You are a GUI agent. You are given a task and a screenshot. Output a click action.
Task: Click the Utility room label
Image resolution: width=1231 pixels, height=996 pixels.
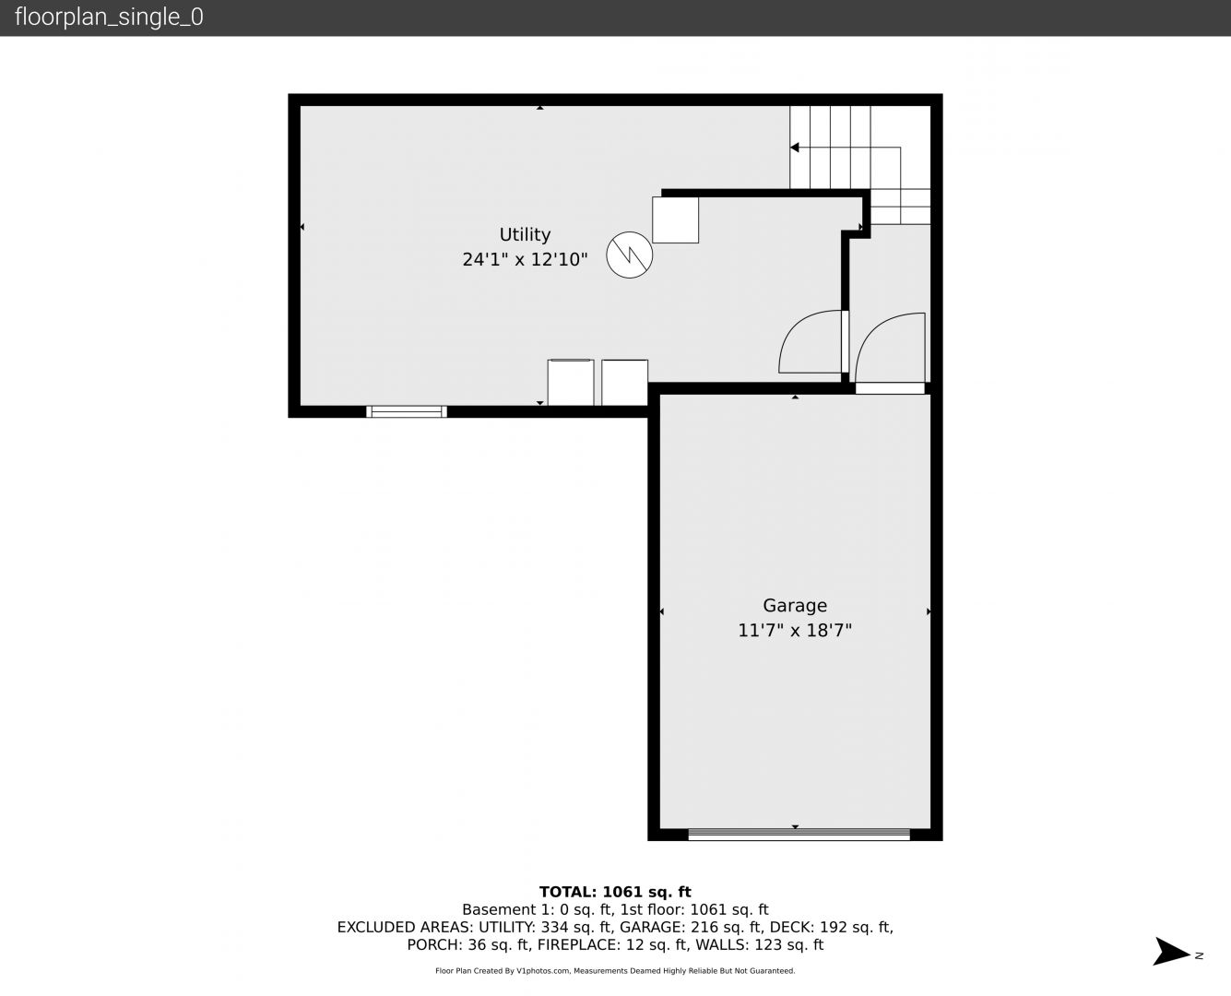point(525,234)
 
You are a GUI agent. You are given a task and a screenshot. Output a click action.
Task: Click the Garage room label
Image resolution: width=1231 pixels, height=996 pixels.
point(795,605)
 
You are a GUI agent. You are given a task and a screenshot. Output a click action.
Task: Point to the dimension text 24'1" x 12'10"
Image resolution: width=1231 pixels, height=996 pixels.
point(525,259)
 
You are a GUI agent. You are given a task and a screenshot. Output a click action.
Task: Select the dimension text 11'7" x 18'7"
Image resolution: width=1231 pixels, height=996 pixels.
point(795,630)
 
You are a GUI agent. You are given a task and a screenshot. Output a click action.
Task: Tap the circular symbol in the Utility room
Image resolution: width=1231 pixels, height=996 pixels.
point(630,255)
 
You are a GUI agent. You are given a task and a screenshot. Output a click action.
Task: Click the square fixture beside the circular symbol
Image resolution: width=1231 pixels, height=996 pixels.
point(675,219)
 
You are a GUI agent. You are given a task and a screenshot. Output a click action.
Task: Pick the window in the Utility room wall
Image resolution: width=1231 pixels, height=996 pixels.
point(407,411)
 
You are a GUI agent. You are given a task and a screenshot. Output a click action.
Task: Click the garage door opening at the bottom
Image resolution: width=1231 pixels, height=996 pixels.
point(799,834)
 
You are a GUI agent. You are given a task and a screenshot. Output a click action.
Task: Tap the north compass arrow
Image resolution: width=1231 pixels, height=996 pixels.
point(1171,952)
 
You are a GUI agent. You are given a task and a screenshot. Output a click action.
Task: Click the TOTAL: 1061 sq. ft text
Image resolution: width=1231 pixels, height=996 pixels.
point(615,892)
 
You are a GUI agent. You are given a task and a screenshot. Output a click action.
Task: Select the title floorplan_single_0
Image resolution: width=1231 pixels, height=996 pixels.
point(109,18)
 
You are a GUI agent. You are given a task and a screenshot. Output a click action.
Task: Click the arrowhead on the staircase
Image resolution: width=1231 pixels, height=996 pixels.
point(795,148)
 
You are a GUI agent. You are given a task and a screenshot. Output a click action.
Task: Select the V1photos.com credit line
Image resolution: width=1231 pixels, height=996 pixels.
point(615,970)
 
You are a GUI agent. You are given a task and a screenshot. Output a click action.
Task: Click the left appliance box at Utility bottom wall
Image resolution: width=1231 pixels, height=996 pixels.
point(571,383)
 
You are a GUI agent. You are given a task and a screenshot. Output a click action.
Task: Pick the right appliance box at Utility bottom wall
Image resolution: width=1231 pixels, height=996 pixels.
point(624,383)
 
